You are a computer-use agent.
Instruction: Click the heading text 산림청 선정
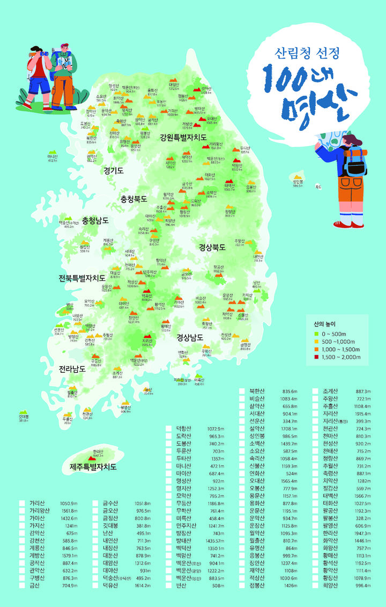point(307,53)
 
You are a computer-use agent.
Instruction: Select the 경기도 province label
point(114,171)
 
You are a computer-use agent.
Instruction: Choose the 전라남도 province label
point(72,369)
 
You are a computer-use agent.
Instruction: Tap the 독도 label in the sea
point(318,187)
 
